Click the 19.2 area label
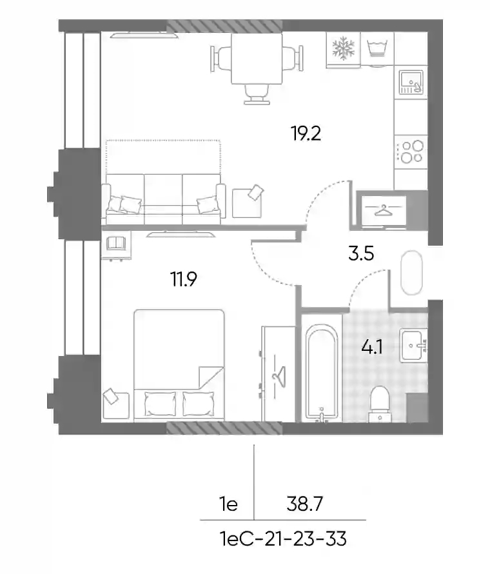306,134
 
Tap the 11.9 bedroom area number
183,279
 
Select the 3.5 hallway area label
361,253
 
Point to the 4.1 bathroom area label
372,346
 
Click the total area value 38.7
304,504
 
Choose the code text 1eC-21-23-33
283,539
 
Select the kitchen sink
411,82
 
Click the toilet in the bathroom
380,404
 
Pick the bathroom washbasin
413,345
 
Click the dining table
257,59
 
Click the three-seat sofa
164,199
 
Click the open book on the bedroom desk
115,243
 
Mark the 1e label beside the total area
229,504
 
